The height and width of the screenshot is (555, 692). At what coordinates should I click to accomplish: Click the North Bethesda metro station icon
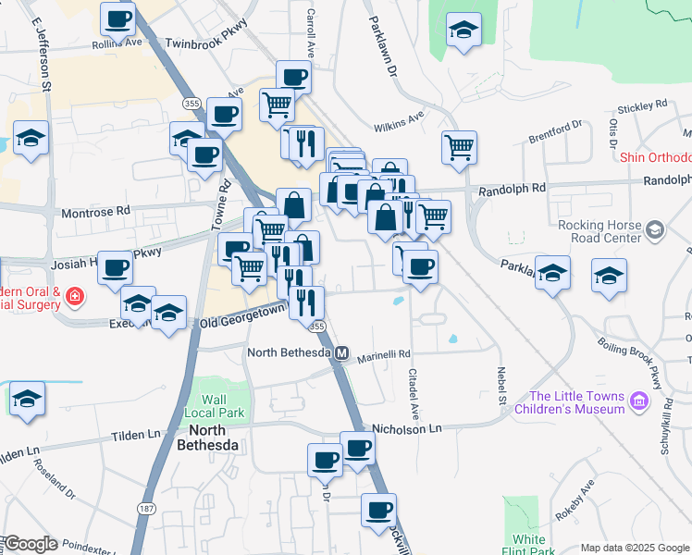pyautogui.click(x=341, y=352)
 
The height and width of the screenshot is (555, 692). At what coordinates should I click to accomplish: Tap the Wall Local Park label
pyautogui.click(x=214, y=405)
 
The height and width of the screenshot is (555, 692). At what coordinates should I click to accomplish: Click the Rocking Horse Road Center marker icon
pyautogui.click(x=655, y=228)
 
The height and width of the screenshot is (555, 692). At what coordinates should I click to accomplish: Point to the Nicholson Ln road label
pyautogui.click(x=407, y=429)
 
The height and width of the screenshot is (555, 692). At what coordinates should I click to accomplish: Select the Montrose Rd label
pyautogui.click(x=95, y=212)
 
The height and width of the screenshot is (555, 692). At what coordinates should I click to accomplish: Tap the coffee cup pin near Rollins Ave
pyautogui.click(x=117, y=18)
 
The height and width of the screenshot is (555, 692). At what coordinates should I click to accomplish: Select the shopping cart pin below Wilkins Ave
pyautogui.click(x=460, y=146)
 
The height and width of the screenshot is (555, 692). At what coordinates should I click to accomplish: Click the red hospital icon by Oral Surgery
pyautogui.click(x=73, y=297)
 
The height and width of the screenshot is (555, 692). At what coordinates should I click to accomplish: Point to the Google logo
pyautogui.click(x=30, y=543)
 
